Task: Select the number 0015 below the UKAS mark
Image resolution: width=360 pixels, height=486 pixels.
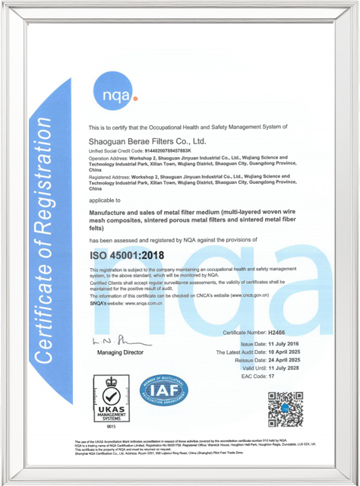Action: click(110, 429)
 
